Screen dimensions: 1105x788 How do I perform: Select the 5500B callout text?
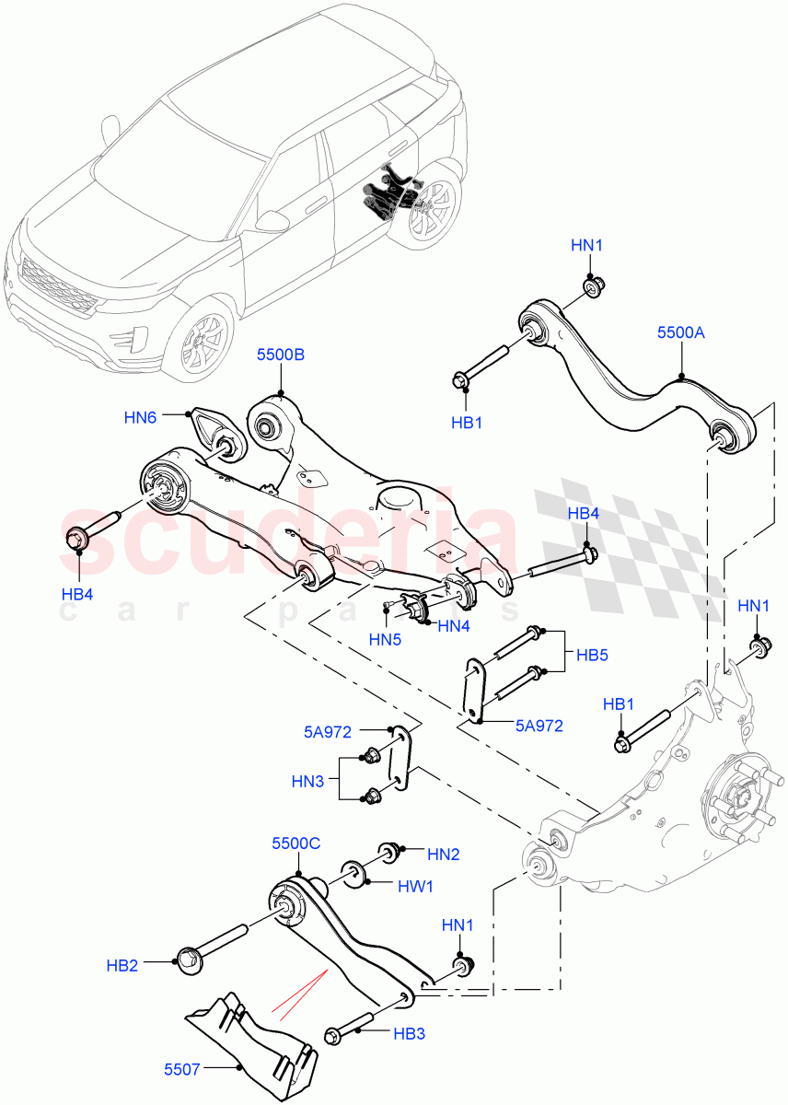(x=281, y=355)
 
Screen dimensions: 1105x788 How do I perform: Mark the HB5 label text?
(x=591, y=656)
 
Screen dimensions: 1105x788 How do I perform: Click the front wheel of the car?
(x=201, y=339)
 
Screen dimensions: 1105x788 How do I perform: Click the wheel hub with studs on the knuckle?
(x=742, y=794)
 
